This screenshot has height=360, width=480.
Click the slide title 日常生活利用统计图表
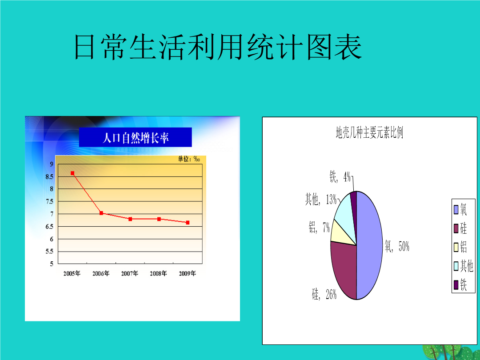coord(218,47)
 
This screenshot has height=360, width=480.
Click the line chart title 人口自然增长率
coord(135,138)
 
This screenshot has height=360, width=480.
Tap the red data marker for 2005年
coord(72,173)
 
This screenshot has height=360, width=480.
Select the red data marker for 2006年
coord(101,213)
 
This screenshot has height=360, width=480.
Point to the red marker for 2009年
coord(188,223)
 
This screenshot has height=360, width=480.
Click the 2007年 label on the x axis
coord(129,273)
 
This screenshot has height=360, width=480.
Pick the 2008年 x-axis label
coord(158,273)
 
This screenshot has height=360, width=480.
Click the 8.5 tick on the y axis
coord(49,176)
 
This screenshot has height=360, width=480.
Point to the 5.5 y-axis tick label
coord(49,251)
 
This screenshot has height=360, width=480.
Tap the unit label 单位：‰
coord(189,159)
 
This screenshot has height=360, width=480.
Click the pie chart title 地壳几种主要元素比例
coord(369,133)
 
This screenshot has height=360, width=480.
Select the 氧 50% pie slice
coord(369,245)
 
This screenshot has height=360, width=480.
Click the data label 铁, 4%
coord(340,176)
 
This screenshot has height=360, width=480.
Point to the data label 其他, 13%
coord(321,200)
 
